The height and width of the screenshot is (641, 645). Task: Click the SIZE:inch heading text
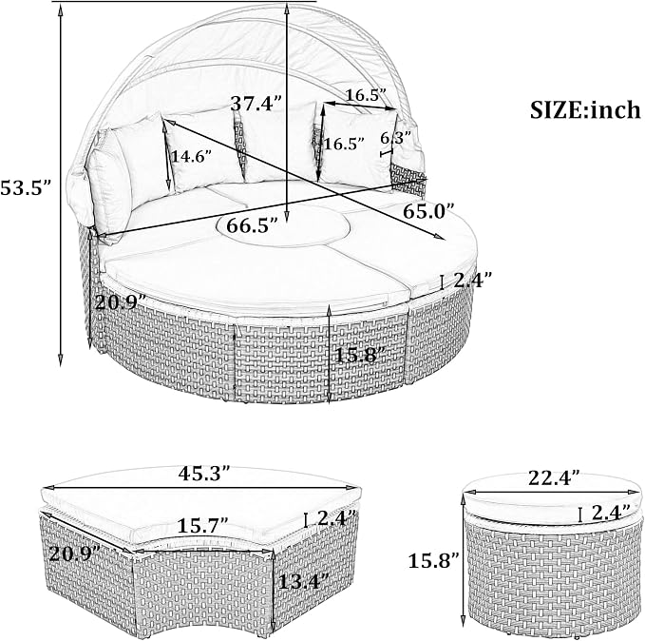click(x=585, y=110)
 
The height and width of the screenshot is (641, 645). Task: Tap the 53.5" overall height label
click(x=25, y=188)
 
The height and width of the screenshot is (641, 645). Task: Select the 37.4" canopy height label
click(x=256, y=103)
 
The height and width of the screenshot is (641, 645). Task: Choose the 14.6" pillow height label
click(x=191, y=157)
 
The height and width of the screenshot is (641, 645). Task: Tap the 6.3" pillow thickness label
click(x=396, y=138)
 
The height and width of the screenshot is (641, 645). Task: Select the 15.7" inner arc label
click(x=202, y=526)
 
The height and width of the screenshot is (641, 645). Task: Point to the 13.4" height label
click(x=304, y=581)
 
